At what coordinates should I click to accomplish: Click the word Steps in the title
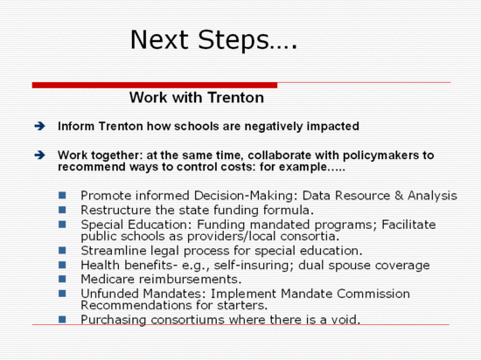click(234, 40)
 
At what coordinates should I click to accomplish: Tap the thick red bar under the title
click(155, 85)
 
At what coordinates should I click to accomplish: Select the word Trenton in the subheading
click(235, 98)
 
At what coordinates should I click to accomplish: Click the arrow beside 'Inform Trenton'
click(40, 126)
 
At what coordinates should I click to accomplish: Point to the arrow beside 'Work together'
click(40, 155)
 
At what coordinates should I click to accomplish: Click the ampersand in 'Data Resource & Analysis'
click(399, 196)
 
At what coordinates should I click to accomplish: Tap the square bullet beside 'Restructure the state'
click(62, 210)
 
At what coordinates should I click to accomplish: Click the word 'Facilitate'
click(408, 225)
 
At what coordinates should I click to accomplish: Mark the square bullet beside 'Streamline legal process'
click(62, 250)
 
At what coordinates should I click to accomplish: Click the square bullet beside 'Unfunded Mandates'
click(62, 294)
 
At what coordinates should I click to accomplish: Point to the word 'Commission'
click(373, 294)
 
